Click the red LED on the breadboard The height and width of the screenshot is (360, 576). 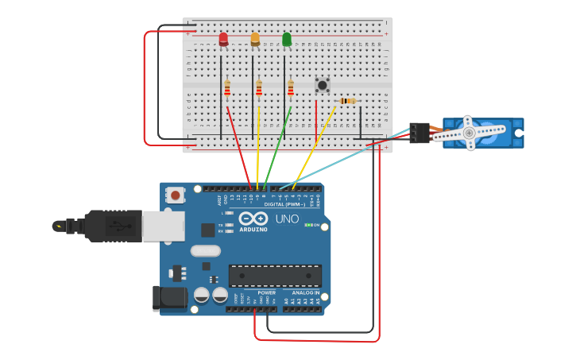tap(223, 38)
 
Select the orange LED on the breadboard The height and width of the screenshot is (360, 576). tap(255, 38)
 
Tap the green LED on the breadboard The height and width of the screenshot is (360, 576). tap(287, 38)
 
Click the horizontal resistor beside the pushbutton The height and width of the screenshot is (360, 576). tap(347, 101)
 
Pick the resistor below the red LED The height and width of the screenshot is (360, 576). tap(227, 88)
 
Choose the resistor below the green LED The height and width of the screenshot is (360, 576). tap(291, 88)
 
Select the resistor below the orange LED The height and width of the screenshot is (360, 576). tap(259, 88)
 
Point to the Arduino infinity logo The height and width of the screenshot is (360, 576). tap(253, 219)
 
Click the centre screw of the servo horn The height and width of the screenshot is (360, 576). tap(469, 133)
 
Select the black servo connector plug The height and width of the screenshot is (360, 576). tap(419, 132)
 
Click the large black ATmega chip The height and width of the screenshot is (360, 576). tap(275, 276)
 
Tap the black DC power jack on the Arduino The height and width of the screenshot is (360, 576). tap(168, 298)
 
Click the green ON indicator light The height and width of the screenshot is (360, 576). tap(308, 225)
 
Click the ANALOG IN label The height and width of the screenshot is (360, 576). tap(306, 292)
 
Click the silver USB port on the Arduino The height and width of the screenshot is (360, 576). tap(163, 226)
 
